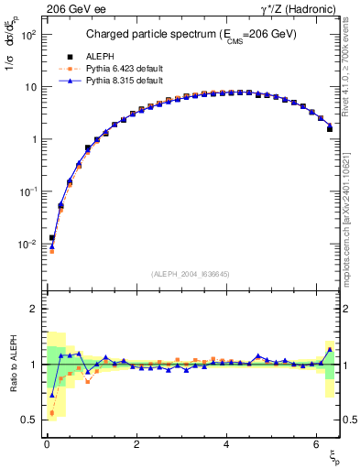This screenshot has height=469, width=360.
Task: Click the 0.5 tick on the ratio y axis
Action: pyautogui.click(x=29, y=420)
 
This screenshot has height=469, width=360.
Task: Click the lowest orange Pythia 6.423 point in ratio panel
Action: pyautogui.click(x=52, y=412)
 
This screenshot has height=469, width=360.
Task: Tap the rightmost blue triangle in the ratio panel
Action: pyautogui.click(x=330, y=349)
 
